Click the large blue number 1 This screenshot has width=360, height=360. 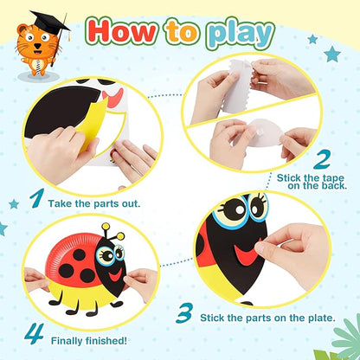click(37, 198)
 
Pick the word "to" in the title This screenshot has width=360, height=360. click(182, 33)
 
